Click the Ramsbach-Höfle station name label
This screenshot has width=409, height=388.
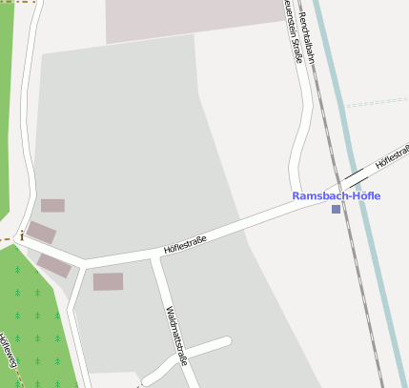pyautogui.click(x=336, y=195)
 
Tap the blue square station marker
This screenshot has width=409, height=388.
pyautogui.click(x=336, y=209)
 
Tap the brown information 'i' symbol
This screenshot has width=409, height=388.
pyautogui.click(x=21, y=235)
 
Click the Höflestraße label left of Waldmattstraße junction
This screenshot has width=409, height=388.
pyautogui.click(x=185, y=244)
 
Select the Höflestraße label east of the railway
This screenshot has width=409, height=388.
pyautogui.click(x=393, y=157)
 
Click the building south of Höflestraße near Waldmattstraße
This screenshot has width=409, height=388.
pyautogui.click(x=108, y=281)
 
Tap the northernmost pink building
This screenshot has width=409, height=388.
pyautogui.click(x=52, y=205)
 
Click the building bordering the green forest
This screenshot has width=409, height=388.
pyautogui.click(x=53, y=265)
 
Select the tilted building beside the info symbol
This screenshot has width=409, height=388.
pyautogui.click(x=41, y=232)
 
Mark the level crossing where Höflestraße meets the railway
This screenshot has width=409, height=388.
pyautogui.click(x=350, y=179)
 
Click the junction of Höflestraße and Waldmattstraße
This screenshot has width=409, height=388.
pyautogui.click(x=155, y=257)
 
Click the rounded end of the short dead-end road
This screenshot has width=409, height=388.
pyautogui.click(x=226, y=341)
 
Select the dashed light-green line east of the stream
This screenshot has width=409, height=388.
pyautogui.click(x=377, y=100)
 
